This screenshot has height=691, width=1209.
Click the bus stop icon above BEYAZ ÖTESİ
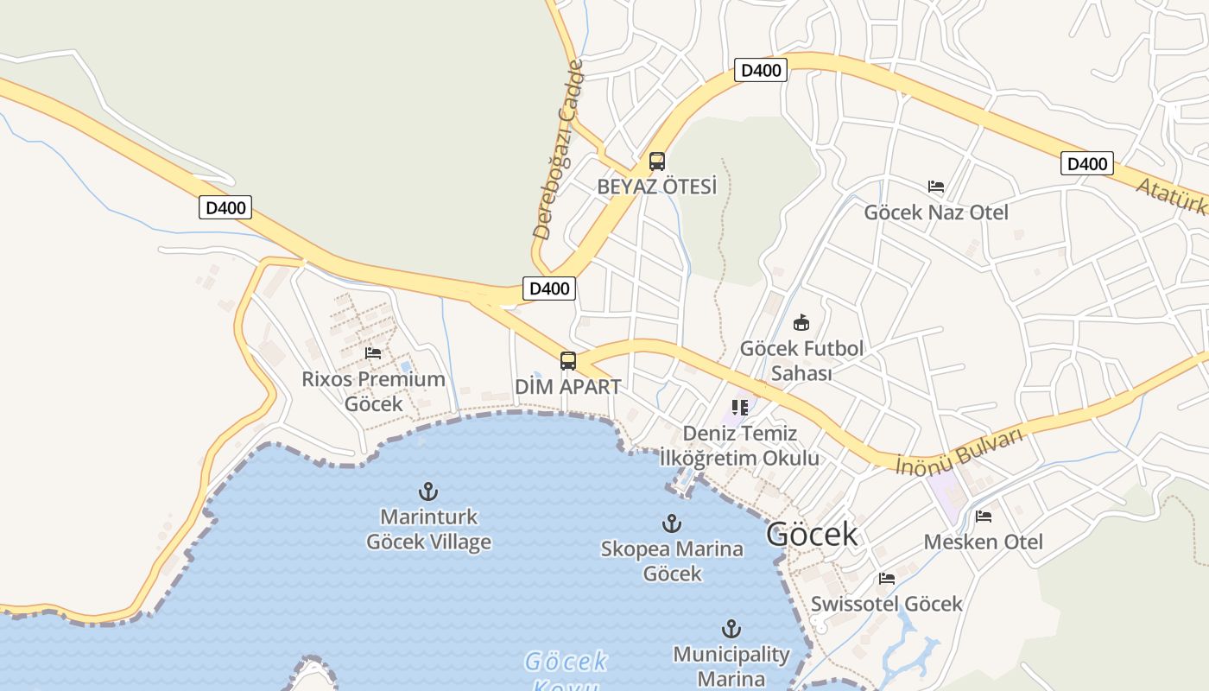(657, 162)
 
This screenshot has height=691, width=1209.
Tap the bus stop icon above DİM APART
(567, 361)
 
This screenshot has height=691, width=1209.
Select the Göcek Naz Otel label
(936, 212)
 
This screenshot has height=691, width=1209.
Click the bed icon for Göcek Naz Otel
(936, 187)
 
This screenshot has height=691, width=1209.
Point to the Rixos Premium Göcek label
(374, 391)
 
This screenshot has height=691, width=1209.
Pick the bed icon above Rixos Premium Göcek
(373, 353)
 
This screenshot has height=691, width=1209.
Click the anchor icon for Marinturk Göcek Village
(428, 492)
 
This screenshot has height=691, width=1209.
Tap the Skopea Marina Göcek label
(672, 561)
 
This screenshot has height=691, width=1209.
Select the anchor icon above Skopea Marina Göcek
(672, 523)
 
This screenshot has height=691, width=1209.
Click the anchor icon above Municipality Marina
(731, 629)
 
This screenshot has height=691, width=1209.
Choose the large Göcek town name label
(812, 535)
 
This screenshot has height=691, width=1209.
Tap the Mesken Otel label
(984, 542)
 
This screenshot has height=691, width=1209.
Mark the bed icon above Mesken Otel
(984, 517)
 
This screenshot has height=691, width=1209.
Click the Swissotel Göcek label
(886, 604)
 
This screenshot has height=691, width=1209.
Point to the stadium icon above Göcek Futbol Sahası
(801, 323)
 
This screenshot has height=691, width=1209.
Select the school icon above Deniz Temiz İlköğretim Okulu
(739, 407)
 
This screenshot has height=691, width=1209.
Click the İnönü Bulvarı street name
(959, 451)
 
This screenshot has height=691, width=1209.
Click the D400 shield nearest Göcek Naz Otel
(1086, 163)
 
